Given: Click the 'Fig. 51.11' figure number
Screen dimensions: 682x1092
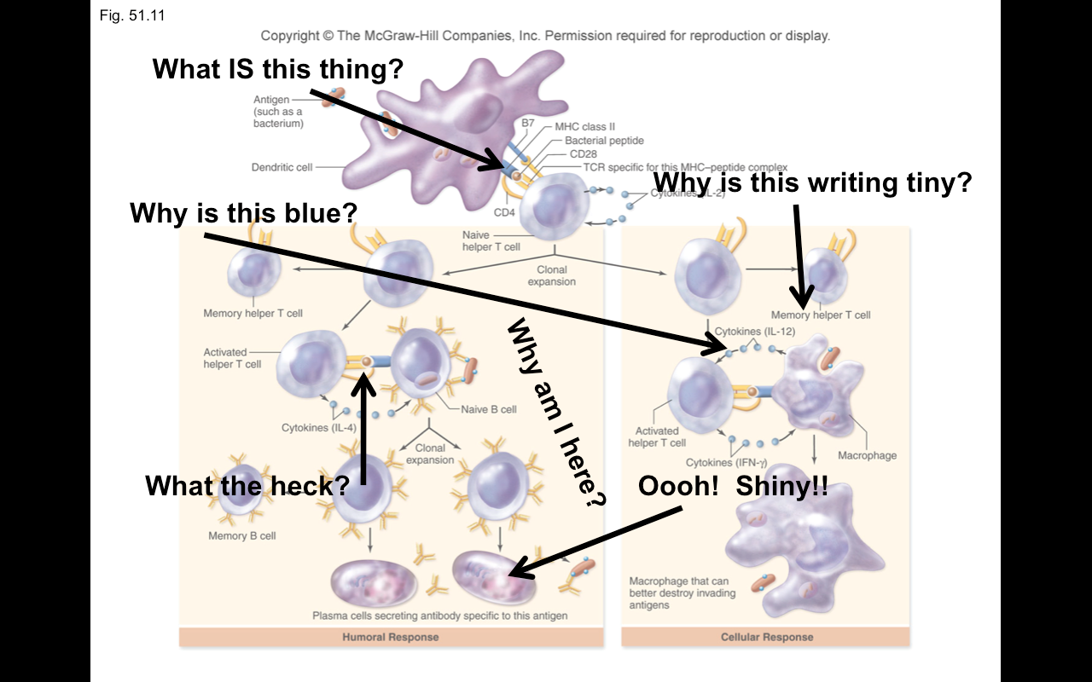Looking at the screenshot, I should click(x=128, y=15).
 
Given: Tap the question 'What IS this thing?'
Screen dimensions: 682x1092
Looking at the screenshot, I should click(x=277, y=68).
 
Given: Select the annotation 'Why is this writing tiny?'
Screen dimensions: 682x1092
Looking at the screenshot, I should click(x=812, y=182).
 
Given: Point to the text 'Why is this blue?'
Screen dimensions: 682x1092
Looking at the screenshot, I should click(x=243, y=212).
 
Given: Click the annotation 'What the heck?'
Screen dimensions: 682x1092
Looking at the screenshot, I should click(x=247, y=486).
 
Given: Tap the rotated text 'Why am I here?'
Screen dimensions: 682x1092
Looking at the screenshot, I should click(x=555, y=413).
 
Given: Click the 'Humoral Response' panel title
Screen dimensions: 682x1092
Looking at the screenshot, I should click(x=391, y=637).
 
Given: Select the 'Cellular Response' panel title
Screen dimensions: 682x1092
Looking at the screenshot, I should click(x=767, y=637).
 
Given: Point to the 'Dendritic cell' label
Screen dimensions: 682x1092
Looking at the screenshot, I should click(x=282, y=167).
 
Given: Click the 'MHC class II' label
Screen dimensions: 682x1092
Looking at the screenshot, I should click(x=584, y=127).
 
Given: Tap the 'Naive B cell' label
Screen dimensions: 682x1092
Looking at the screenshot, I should click(x=489, y=409).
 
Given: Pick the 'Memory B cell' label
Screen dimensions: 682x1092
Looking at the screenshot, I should click(x=242, y=536).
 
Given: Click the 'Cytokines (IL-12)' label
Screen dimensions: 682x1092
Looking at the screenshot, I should click(x=750, y=331).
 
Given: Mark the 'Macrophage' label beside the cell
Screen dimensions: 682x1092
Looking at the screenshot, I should click(x=867, y=455).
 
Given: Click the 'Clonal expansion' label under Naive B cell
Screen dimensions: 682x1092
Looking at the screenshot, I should click(x=430, y=454).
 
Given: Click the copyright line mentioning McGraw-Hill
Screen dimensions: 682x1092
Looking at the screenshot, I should click(x=545, y=36).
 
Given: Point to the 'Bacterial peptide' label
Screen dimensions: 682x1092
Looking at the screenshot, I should click(x=604, y=141).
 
